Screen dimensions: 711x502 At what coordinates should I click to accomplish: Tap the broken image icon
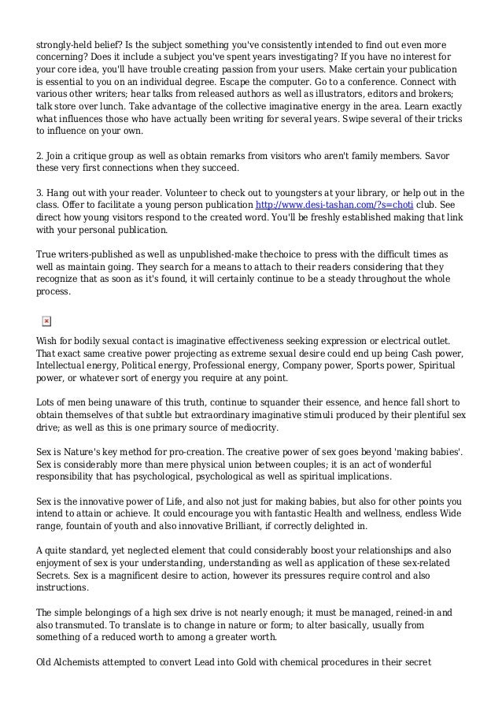[46, 321]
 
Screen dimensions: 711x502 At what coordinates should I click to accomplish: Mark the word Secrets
[56, 574]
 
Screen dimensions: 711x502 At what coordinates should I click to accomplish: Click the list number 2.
[40, 157]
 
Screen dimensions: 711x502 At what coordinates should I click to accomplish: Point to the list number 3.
[40, 193]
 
